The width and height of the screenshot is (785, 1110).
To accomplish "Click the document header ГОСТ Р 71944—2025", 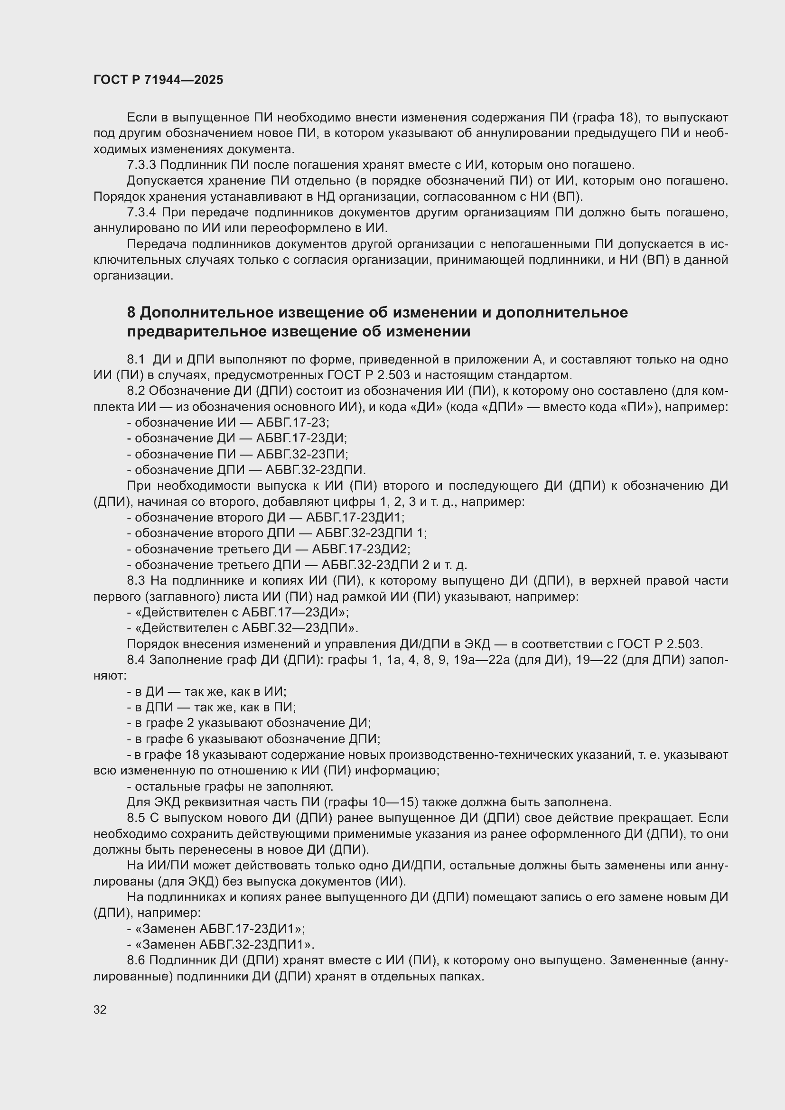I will [x=158, y=80].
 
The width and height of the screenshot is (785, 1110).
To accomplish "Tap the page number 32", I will [x=100, y=1010].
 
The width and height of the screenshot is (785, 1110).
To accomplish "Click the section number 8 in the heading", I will [x=131, y=313].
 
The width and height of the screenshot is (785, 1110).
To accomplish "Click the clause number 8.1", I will [x=136, y=360].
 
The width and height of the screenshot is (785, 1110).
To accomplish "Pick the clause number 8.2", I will [x=136, y=391].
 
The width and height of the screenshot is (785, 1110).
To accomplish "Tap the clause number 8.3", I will [x=136, y=580].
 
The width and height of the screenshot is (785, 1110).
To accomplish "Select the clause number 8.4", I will [x=136, y=660].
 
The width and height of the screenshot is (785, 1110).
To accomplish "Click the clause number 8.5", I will [x=136, y=818].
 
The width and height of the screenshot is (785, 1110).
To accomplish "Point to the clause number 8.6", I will [x=136, y=960].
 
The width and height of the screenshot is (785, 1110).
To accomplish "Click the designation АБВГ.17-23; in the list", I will [x=292, y=422].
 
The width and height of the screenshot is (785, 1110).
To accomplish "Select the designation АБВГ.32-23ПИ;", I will [x=302, y=455].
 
